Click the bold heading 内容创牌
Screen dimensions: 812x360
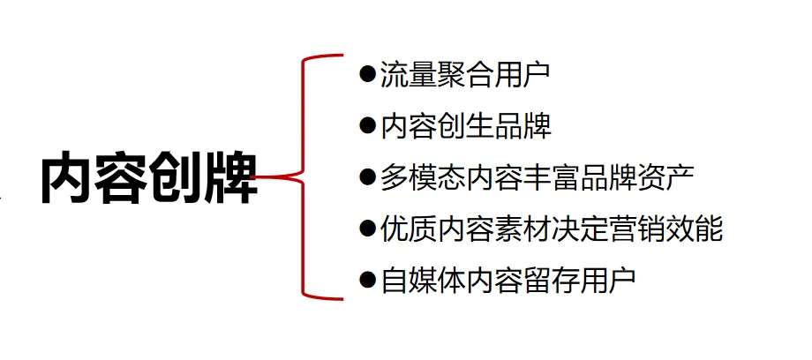point(148,179)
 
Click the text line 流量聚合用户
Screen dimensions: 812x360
point(464,73)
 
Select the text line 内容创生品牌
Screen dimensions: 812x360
point(465,125)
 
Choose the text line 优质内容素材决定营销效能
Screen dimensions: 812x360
point(552,229)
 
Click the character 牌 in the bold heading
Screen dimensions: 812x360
point(231,179)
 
